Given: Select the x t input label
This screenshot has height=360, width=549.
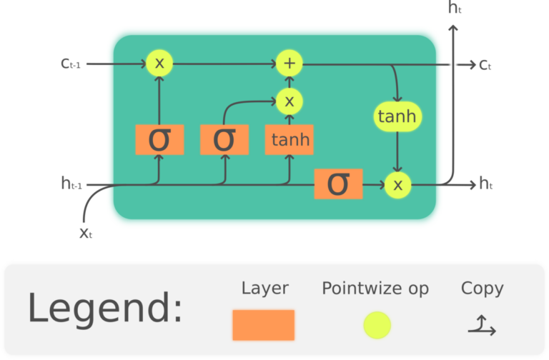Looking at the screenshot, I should coord(87,232).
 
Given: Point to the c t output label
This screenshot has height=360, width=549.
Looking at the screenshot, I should coord(485,65).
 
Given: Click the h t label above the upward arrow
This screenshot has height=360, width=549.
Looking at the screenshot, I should coord(455,9).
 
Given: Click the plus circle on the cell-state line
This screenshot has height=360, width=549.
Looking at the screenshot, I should coord(289,63).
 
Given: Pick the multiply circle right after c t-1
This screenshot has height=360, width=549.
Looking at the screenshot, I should coord(159,63).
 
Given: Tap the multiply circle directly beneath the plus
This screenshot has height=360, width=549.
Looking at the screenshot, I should coord(289,101).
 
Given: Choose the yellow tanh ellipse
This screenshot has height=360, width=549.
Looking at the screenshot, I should coord(395,116).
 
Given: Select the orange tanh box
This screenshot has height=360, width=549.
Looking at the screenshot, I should coord(289,139).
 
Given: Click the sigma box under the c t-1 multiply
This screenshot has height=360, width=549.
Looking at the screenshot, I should coord(159,139).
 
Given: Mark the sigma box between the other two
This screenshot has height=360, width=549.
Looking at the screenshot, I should coord(224,139).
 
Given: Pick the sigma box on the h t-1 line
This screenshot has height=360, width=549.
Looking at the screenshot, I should coord(338,184).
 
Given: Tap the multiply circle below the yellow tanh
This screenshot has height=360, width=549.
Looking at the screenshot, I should coord(398,185).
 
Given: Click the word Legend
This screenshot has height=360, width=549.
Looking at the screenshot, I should coord(105,309).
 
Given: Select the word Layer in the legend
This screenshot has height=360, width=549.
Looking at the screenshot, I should coord(264,289).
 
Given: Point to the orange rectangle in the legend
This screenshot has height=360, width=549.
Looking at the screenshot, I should coord(263,325).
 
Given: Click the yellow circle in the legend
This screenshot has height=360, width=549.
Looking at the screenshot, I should coord(377,325).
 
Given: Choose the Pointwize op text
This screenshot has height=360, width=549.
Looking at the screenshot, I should coord(375,289).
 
